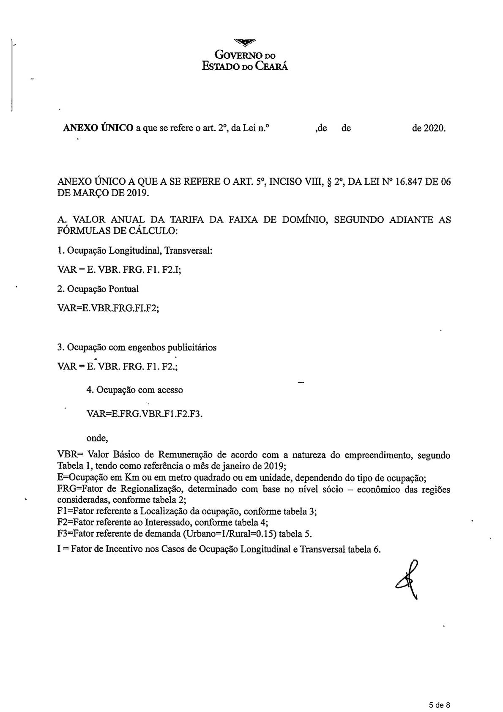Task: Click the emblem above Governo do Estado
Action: coord(245,41)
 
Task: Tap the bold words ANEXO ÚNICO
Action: coord(98,128)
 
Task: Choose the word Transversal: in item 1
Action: coord(188,250)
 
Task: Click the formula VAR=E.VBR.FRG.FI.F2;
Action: coord(108,308)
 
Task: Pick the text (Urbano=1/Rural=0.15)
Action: coord(230,534)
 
